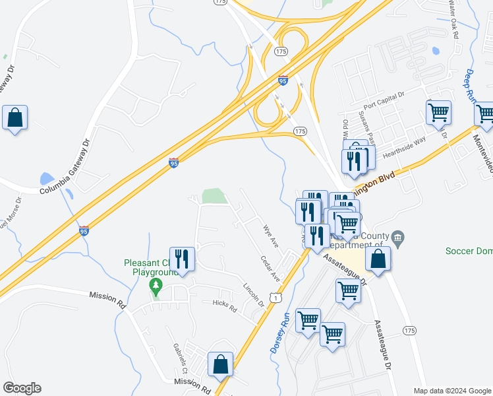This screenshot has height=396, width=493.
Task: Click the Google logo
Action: click(x=22, y=388)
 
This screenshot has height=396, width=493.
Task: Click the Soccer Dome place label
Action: click(x=469, y=250)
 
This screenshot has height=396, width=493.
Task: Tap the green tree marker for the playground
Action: click(x=156, y=286)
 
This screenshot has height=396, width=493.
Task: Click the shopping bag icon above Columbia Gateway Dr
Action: click(x=14, y=118)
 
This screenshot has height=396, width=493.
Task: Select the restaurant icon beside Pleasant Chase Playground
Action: click(x=182, y=259)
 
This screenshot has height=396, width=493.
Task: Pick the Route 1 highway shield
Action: click(x=274, y=298)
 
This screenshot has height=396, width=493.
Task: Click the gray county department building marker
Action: click(x=397, y=237)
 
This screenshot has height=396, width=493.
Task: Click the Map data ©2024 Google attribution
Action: click(x=451, y=391)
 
